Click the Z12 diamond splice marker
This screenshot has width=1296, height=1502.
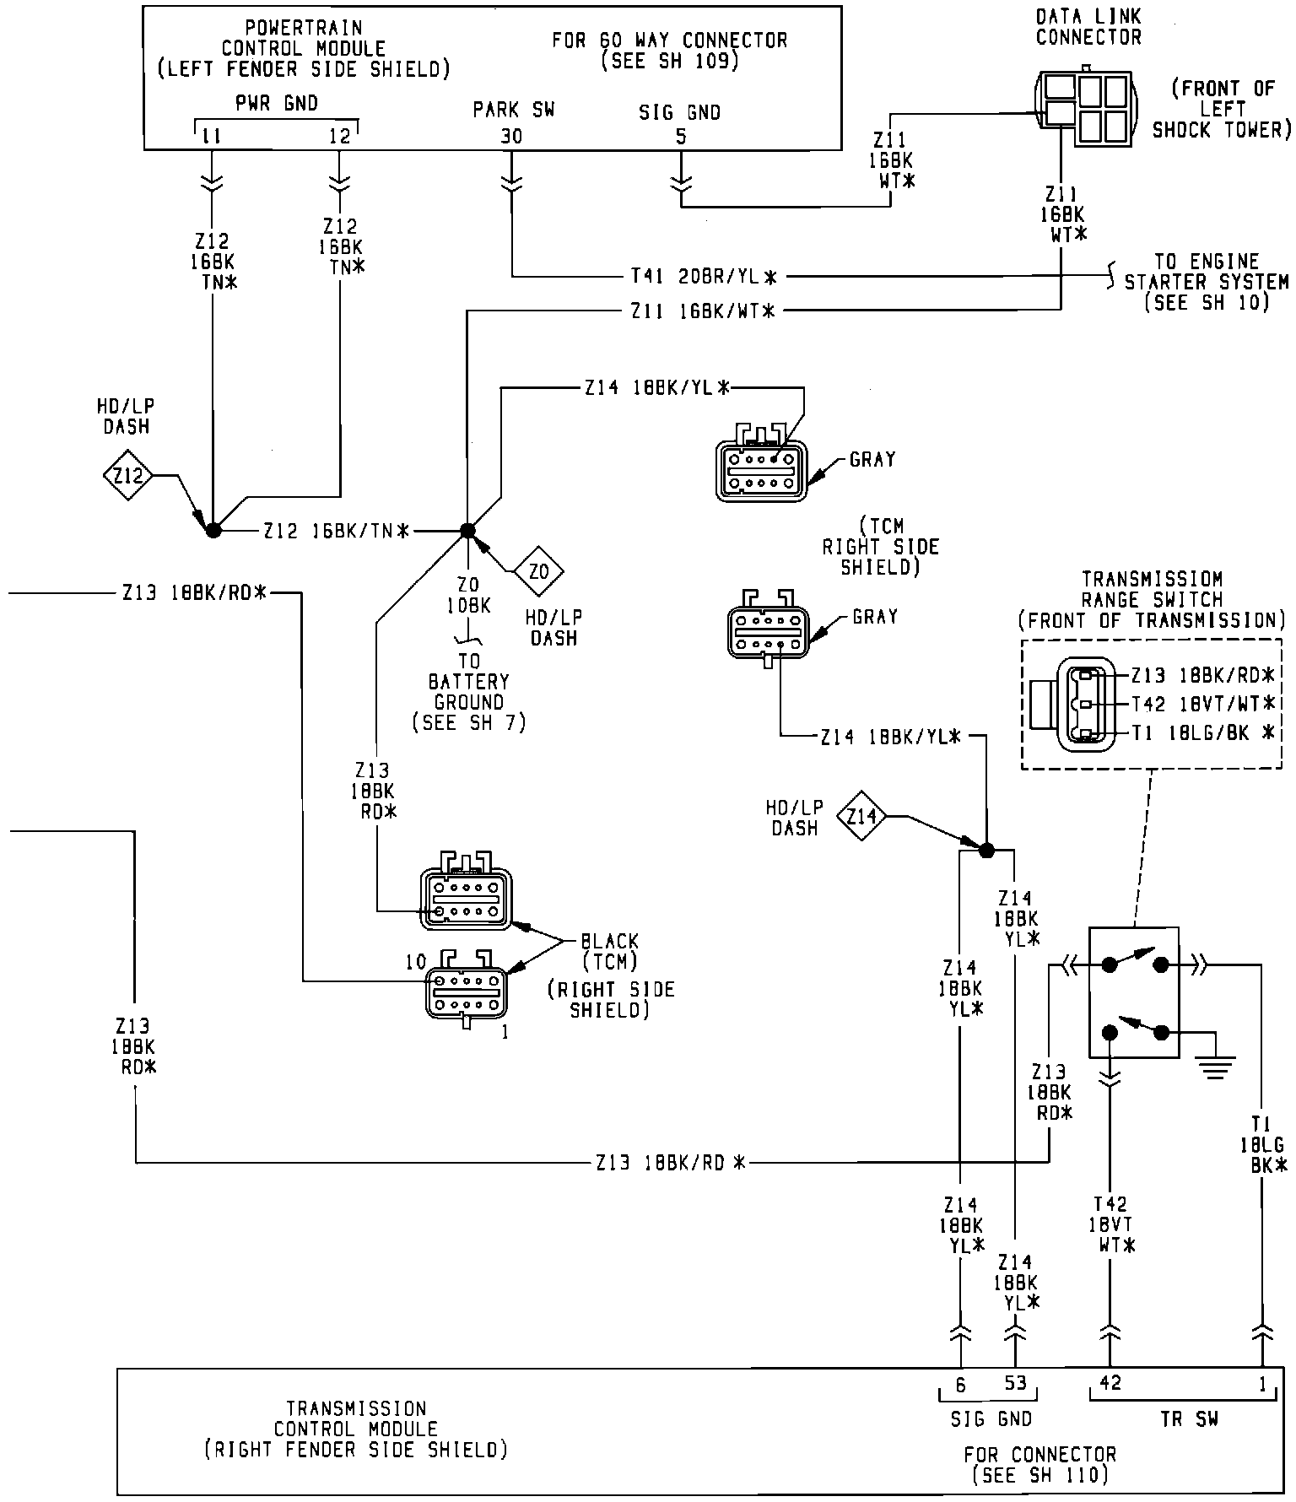click(x=128, y=478)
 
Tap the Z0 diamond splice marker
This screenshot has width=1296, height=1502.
click(x=538, y=572)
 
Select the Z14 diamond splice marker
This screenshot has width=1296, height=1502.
click(x=861, y=816)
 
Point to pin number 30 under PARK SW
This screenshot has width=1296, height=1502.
click(x=511, y=137)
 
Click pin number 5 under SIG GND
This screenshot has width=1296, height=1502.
click(x=680, y=137)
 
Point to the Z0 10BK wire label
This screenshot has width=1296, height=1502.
click(x=468, y=596)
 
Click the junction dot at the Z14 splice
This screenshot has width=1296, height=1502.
click(x=985, y=850)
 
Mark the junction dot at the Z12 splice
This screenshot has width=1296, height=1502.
click(x=213, y=530)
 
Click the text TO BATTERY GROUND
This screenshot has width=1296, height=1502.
click(x=468, y=691)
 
